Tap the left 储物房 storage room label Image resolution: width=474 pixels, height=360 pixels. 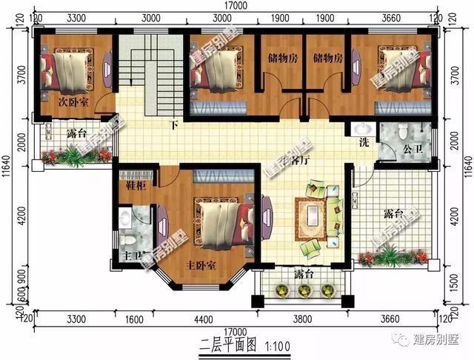click(281, 59)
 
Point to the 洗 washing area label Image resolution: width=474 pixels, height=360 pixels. click(364, 141)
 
